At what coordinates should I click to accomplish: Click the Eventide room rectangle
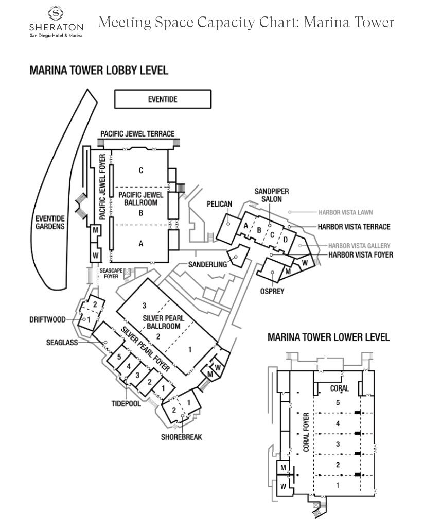coord(162,99)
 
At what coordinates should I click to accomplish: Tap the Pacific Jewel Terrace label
coord(137,133)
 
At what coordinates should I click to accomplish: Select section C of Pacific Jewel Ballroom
coord(140,170)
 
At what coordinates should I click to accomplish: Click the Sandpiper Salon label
coord(272,195)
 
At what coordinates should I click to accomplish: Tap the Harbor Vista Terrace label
coord(354,227)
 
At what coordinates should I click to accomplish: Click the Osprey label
coord(272,291)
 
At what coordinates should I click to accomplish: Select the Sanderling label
coord(207,265)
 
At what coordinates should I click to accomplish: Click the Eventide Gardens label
coord(49,222)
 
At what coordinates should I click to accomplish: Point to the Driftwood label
coord(47,319)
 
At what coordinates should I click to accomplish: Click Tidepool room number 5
coord(119,356)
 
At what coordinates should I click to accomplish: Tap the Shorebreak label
coord(182,437)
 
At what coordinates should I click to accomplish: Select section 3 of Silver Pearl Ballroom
coord(145,304)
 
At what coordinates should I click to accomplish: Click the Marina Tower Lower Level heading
coord(328,337)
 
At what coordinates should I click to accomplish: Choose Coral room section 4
coord(338,423)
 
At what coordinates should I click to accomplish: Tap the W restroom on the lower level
coord(283,485)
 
